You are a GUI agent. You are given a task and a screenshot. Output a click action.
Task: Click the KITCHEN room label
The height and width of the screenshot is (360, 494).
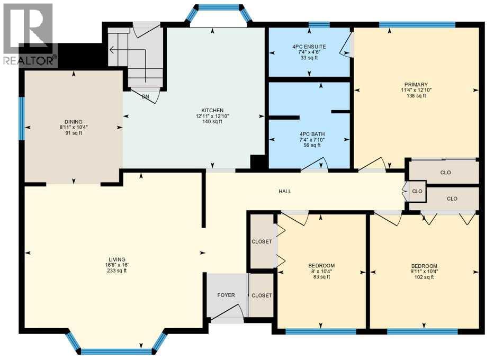[212, 110]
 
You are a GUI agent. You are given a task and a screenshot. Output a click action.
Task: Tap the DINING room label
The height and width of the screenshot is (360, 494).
[74, 122]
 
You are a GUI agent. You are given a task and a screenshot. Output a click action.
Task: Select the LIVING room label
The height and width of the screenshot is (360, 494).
[117, 259]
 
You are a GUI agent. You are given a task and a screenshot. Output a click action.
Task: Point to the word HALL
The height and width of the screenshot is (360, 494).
[285, 191]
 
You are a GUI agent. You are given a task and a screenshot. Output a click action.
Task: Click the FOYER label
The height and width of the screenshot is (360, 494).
[226, 295]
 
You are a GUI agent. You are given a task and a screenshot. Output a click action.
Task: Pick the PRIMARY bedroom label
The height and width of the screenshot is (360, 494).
[416, 84]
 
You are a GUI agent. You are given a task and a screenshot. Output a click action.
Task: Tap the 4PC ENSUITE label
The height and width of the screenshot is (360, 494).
[309, 47]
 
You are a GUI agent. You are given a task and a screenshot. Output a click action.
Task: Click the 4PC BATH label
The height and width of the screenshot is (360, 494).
[312, 134]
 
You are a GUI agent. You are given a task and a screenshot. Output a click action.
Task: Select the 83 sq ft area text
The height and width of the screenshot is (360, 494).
[322, 277]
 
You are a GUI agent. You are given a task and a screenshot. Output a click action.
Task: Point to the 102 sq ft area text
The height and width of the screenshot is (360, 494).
[424, 277]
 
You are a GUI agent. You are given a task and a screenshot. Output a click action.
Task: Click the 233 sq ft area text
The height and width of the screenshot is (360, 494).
[117, 271]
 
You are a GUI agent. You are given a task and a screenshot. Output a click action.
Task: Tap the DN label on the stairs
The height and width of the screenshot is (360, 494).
[145, 97]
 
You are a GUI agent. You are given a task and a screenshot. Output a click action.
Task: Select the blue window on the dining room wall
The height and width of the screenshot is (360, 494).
[21, 118]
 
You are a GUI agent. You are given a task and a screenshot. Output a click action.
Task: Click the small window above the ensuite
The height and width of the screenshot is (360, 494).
[319, 25]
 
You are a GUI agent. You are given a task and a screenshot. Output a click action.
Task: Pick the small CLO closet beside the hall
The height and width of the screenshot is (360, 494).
[417, 191]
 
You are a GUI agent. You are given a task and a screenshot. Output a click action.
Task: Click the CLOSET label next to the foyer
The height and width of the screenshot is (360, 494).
[262, 295]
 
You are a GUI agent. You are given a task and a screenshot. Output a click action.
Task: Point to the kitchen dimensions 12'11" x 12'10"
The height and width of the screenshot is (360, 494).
[212, 116]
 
